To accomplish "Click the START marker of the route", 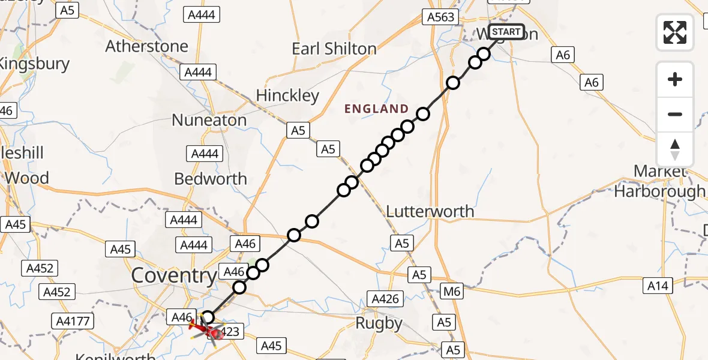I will click(506, 32).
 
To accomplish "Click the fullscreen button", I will click(675, 32).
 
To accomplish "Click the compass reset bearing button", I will click(675, 149).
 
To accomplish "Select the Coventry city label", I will click(173, 276).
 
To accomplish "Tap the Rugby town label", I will click(379, 323).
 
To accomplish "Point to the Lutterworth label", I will click(430, 211).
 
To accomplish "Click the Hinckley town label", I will click(287, 95).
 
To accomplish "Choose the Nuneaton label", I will click(209, 120).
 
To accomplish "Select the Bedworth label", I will click(210, 179).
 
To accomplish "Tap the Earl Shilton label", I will click(334, 49).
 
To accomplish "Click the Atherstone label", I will click(146, 46).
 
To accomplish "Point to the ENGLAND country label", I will click(376, 109).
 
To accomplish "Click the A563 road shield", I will click(441, 17).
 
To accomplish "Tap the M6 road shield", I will click(452, 292).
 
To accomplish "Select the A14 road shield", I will click(658, 286).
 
